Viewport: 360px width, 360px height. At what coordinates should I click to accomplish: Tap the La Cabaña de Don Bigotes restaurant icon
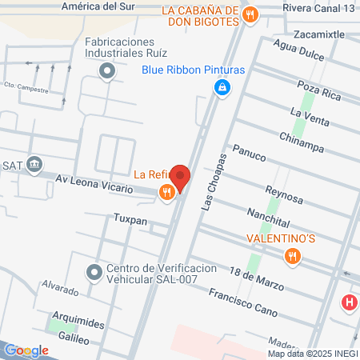(x=250, y=14)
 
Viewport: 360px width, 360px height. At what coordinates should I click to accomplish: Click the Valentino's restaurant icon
(x=292, y=256)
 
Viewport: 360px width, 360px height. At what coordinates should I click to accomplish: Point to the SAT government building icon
(x=34, y=166)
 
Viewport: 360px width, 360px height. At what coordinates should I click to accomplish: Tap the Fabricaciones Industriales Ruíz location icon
(x=107, y=73)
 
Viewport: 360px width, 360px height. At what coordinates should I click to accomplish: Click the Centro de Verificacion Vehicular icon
(x=94, y=274)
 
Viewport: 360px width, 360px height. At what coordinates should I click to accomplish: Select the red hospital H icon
(x=349, y=303)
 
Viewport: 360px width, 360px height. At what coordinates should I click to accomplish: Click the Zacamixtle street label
(x=320, y=35)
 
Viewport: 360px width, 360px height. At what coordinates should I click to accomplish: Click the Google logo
(x=26, y=350)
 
